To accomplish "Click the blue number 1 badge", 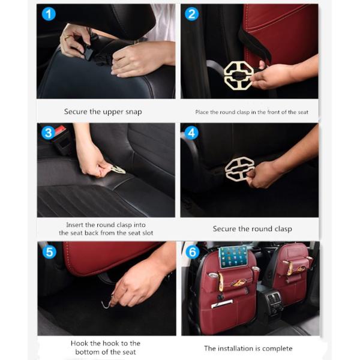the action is [x=49, y=14].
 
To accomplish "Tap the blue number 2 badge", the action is [x=192, y=14].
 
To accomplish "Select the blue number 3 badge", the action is [x=48, y=133].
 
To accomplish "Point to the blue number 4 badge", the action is [x=191, y=133].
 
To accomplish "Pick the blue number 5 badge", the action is [x=49, y=252].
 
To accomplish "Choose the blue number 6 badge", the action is [x=193, y=252].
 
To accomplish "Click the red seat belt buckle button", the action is [x=60, y=129].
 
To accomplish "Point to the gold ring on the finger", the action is [x=66, y=37].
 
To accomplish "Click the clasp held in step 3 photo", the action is [x=118, y=169].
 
